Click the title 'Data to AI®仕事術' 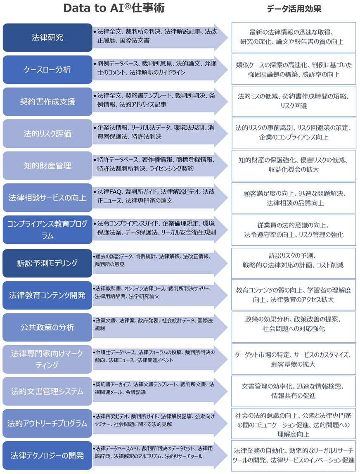click(x=114, y=8)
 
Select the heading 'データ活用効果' click(x=294, y=9)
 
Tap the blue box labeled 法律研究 click(x=47, y=38)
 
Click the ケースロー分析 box click(x=47, y=69)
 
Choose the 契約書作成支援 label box click(x=47, y=102)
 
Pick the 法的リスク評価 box click(x=47, y=134)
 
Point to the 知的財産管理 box click(x=47, y=166)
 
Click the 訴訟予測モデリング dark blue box click(x=47, y=263)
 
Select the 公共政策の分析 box click(x=47, y=327)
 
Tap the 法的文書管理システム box click(x=47, y=391)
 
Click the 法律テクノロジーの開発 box click(x=47, y=455)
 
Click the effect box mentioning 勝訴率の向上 click(x=294, y=69)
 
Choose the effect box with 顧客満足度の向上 click(x=294, y=198)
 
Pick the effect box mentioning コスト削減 click(x=294, y=261)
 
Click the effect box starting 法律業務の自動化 click(x=294, y=455)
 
